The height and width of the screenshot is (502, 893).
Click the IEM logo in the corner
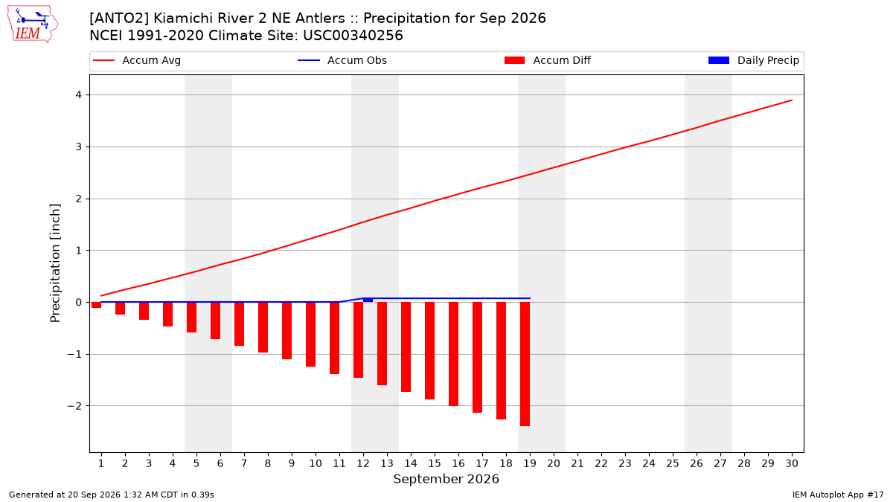point(33,25)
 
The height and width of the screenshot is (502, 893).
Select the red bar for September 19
point(525,364)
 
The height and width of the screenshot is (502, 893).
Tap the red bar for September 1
point(96,305)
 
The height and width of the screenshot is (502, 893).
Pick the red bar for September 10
point(310,334)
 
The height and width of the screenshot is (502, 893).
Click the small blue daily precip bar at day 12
point(368,300)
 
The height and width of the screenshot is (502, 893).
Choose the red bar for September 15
point(430,350)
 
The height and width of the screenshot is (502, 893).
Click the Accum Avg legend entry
point(137,60)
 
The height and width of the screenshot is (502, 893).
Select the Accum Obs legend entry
point(342,60)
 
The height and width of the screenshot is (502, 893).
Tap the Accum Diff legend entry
point(548,60)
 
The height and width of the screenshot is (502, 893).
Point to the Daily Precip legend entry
point(754,60)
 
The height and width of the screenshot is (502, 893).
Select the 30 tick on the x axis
point(792,463)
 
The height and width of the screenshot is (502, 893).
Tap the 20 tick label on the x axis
point(554,463)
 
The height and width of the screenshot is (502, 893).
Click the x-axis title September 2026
point(446,479)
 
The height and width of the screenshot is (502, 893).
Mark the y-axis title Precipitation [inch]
point(55,263)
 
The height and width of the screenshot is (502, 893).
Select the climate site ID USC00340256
point(353,36)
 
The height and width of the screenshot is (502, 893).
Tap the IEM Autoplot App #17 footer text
point(838,495)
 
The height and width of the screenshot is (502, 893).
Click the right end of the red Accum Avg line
point(792,100)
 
